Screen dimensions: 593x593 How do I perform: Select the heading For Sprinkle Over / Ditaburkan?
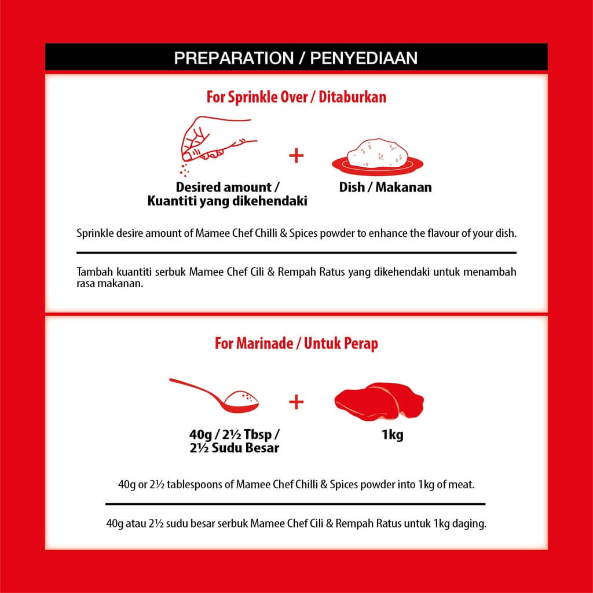[x=296, y=97]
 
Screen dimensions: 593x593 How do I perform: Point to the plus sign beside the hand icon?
[x=296, y=155]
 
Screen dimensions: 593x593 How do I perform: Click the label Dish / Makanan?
[x=385, y=188]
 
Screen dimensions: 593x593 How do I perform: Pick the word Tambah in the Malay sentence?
[x=93, y=272]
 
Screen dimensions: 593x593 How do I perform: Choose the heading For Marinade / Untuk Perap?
[x=296, y=343]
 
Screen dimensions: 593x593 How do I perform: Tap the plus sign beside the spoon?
[x=296, y=402]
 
